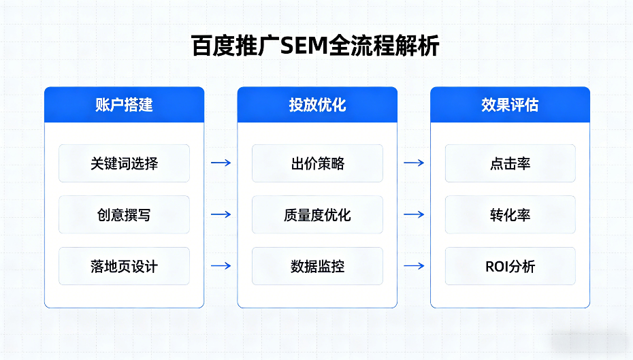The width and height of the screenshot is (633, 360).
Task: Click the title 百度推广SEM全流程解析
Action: pos(316,46)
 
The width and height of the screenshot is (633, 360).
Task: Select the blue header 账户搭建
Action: pos(124,105)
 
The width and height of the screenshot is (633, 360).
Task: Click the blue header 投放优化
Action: pos(317,105)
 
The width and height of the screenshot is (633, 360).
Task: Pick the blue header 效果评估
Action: pos(510,105)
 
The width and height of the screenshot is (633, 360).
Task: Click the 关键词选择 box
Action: pos(124,163)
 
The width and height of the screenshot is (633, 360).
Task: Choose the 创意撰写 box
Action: pos(124,215)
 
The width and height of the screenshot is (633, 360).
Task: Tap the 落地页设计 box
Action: pos(124,266)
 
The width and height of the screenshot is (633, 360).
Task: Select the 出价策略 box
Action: pos(317,163)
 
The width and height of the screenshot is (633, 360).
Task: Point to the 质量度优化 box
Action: pos(317,215)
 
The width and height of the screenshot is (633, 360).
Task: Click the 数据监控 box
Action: pos(317,266)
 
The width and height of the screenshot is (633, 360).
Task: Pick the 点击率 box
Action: pos(510,163)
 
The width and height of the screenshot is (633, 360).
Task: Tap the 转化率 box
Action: pos(510,215)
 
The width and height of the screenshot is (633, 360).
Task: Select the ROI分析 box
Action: pos(510,266)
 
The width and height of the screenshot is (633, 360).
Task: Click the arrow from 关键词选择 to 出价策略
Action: pos(221,163)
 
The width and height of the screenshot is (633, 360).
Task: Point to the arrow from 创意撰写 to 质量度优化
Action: pos(221,214)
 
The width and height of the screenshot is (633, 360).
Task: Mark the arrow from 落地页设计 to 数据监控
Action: pos(221,265)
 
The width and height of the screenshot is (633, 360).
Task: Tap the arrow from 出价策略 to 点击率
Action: pos(414,163)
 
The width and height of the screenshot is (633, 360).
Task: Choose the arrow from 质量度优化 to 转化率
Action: pos(414,214)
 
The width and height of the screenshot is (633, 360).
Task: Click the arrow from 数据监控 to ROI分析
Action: pos(414,265)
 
